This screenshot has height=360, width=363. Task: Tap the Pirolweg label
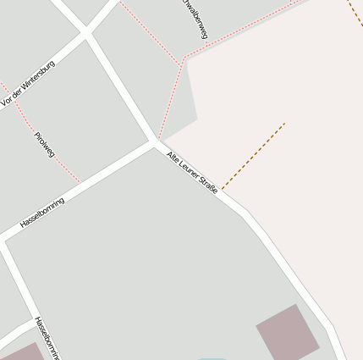(44, 146)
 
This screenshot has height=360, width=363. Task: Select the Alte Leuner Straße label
(192, 172)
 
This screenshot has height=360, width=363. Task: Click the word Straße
(208, 184)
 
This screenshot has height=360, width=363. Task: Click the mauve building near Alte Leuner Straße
(287, 332)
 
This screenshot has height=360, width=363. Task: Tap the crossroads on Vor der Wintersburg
(85, 33)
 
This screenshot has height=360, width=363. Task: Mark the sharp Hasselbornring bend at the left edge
(4, 240)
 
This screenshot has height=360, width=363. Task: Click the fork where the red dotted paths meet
(182, 60)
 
